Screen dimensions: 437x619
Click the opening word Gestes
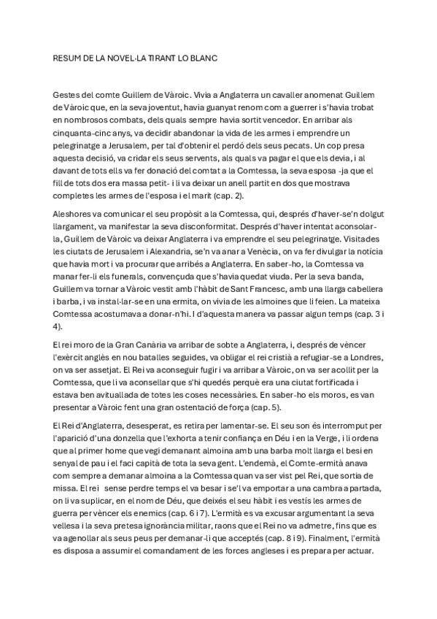(x=68, y=96)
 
